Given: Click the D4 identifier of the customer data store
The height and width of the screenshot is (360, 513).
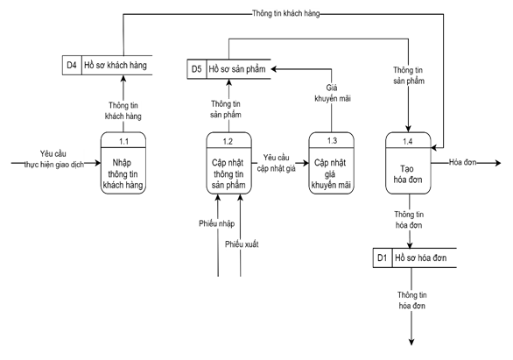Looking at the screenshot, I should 72,67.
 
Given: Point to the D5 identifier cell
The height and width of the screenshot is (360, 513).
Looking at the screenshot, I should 197,67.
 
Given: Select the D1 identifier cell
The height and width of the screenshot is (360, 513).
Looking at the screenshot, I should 382,258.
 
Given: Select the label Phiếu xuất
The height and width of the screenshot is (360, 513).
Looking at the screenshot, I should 243,244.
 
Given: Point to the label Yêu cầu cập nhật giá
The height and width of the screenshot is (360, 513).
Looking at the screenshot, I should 278,162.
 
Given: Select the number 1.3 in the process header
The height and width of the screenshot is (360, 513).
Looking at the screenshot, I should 332,140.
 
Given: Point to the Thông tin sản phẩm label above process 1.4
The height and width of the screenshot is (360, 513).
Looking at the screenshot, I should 409,75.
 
